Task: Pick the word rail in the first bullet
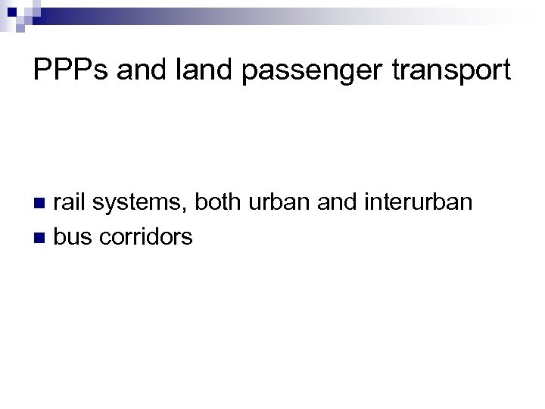68,202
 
